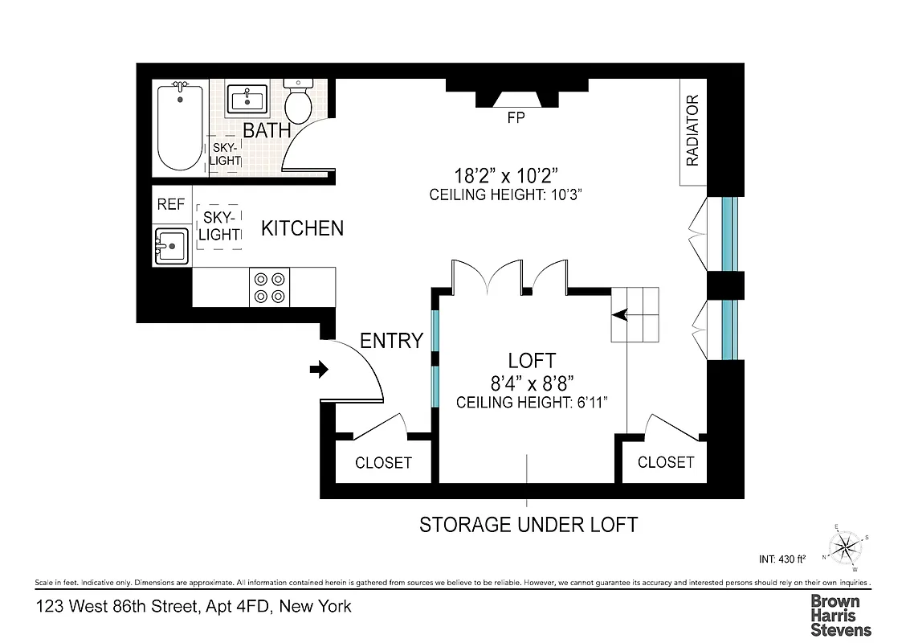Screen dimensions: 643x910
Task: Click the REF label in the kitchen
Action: click(x=171, y=205)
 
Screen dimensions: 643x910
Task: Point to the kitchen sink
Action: click(x=171, y=246)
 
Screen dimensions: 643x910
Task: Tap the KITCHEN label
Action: click(x=302, y=228)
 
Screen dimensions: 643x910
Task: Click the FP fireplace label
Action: click(x=516, y=118)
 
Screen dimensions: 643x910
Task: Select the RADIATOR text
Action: click(x=692, y=131)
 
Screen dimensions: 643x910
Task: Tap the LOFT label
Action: click(x=531, y=361)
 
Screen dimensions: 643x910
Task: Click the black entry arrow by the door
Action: click(x=319, y=370)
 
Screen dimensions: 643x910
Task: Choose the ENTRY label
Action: click(x=391, y=341)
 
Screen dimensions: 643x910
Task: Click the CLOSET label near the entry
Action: click(x=383, y=463)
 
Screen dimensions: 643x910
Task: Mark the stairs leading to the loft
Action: click(x=635, y=314)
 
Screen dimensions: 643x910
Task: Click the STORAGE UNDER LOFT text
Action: click(x=528, y=525)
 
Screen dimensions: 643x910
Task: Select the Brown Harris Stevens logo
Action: click(x=840, y=615)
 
